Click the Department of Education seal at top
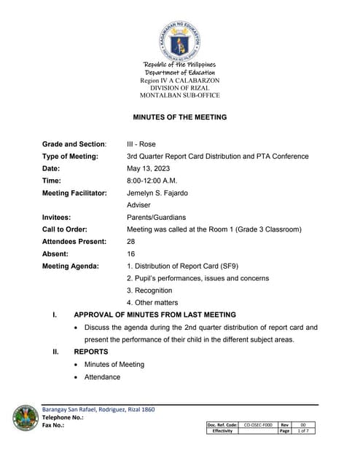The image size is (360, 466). pyautogui.click(x=179, y=37)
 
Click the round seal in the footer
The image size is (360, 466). pyautogui.click(x=26, y=418)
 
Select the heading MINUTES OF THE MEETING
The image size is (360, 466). pyautogui.click(x=179, y=116)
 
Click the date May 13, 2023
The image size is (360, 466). pyautogui.click(x=146, y=169)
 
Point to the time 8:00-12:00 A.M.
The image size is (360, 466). pyautogui.click(x=152, y=181)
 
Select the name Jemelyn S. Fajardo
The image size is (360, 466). pyautogui.click(x=159, y=193)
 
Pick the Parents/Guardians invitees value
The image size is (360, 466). pyautogui.click(x=156, y=217)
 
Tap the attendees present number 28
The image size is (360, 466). pyautogui.click(x=131, y=241)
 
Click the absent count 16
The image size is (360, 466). pyautogui.click(x=131, y=253)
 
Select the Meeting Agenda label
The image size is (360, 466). pyautogui.click(x=71, y=266)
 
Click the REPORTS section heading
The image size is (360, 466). pyautogui.click(x=91, y=352)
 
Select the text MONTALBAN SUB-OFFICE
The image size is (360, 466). pyautogui.click(x=179, y=95)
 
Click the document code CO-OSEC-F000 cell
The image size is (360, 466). pyautogui.click(x=257, y=424)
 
